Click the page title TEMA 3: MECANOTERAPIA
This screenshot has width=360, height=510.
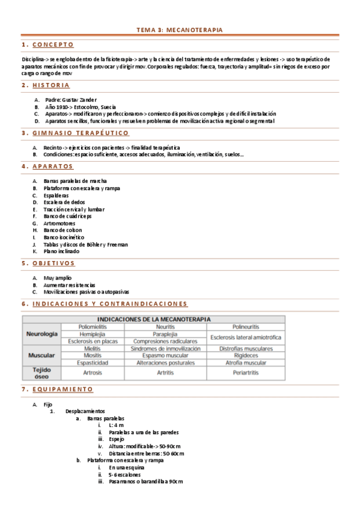[x=180, y=29]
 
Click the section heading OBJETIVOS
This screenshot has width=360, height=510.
[x=53, y=263]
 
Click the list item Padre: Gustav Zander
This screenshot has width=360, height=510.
[x=71, y=99]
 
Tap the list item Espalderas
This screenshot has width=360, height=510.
[x=56, y=195]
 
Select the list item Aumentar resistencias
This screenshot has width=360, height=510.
[x=69, y=284]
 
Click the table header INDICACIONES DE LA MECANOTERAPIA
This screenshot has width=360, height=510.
[x=154, y=319]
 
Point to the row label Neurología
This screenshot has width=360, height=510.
[x=41, y=334]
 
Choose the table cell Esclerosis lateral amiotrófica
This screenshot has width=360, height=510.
[x=246, y=337]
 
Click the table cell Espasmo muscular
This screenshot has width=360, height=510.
[x=164, y=355]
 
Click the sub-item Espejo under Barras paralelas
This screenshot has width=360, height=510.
[x=117, y=439]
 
